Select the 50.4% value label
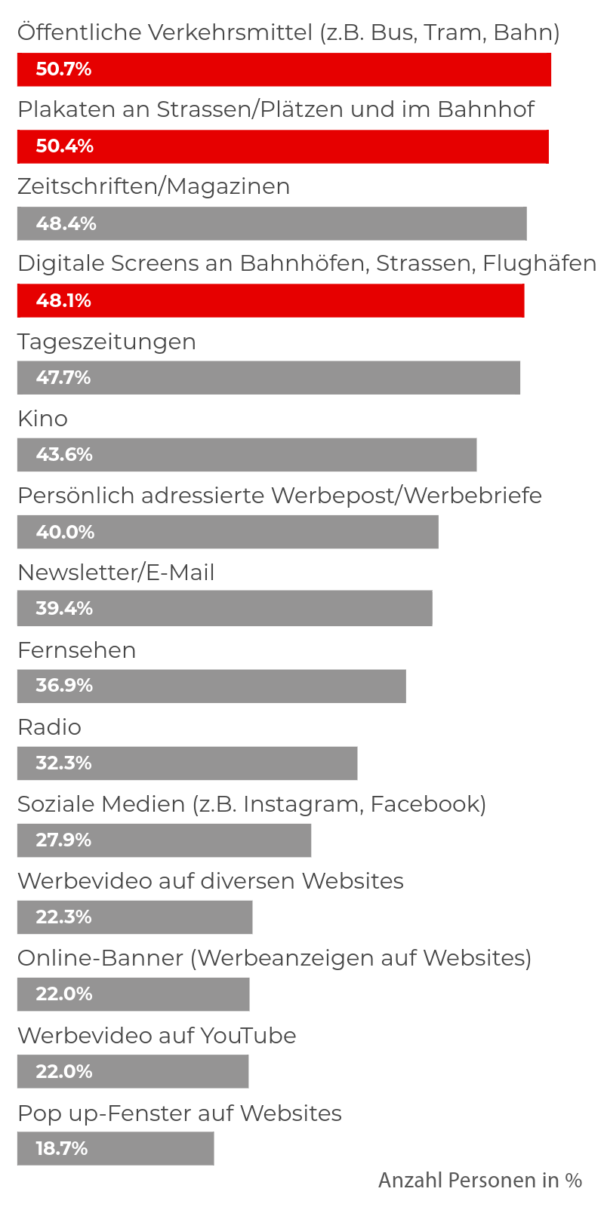click(x=65, y=146)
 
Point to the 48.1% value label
click(x=63, y=301)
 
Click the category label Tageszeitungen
click(x=106, y=342)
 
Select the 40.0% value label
click(x=65, y=532)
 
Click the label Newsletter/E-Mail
click(x=116, y=573)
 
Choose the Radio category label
click(x=49, y=727)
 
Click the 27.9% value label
click(x=63, y=840)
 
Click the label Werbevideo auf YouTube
click(x=156, y=1036)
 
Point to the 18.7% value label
click(x=62, y=1149)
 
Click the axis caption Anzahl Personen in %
click(x=480, y=1181)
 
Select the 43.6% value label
click(x=64, y=455)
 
